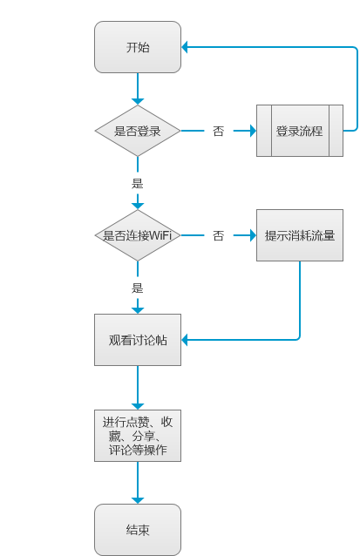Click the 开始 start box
(138, 47)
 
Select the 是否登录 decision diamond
(138, 131)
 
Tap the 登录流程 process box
(299, 131)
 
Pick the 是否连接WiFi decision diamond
(138, 235)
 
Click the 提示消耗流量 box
(299, 235)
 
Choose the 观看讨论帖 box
(138, 339)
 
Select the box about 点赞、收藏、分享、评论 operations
(138, 435)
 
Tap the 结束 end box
(138, 530)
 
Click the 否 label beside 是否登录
(218, 132)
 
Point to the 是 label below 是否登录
(137, 184)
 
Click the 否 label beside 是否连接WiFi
(218, 236)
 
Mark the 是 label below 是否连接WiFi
(137, 288)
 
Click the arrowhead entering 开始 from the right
(187, 47)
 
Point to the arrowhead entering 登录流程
(251, 131)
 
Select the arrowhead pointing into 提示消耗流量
(251, 235)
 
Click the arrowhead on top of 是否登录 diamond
(137, 100)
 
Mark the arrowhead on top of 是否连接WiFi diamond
(137, 205)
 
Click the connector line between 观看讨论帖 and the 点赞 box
(137, 383)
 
